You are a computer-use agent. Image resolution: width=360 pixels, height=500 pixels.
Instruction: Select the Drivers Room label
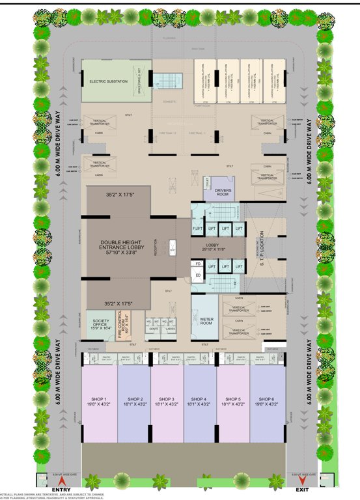(x=223, y=192)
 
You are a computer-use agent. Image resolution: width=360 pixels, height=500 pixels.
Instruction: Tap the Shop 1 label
(x=100, y=402)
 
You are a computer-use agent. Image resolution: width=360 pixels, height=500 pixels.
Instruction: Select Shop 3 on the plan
(x=167, y=402)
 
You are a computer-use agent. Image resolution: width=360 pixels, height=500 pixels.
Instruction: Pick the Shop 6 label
(x=268, y=402)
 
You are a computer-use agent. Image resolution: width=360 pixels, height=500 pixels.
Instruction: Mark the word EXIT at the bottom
(x=301, y=489)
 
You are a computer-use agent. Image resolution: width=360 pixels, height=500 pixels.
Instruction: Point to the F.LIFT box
(x=197, y=229)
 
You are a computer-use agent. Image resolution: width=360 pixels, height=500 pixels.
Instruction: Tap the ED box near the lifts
(x=198, y=276)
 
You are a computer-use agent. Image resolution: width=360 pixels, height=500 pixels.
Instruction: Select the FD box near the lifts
(x=198, y=264)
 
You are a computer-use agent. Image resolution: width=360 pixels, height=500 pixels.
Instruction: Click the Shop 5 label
(x=234, y=402)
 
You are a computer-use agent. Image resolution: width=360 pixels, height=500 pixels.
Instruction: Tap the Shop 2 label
(x=135, y=402)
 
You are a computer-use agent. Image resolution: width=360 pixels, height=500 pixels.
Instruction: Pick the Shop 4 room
(x=201, y=402)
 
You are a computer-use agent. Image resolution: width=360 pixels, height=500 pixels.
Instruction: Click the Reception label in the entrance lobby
(x=156, y=247)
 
